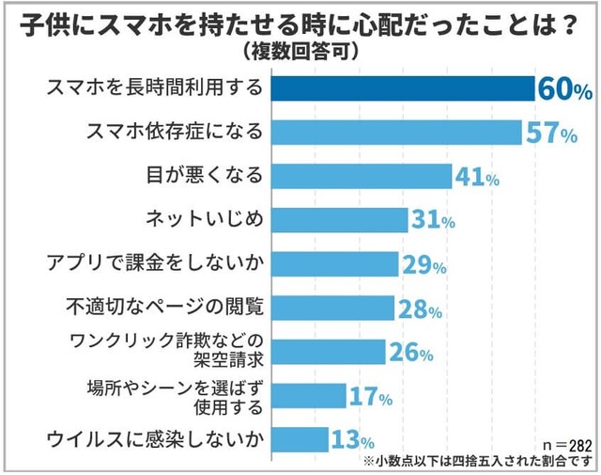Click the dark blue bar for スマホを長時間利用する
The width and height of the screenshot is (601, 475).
click(x=404, y=88)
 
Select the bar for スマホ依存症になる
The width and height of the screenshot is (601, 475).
click(x=396, y=133)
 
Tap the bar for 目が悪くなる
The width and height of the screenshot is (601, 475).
click(x=362, y=176)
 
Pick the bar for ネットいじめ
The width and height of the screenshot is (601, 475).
click(x=339, y=220)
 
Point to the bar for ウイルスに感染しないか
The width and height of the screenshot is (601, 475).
click(x=300, y=438)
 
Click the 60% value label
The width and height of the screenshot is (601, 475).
click(x=564, y=89)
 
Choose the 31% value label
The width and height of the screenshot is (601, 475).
click(x=433, y=221)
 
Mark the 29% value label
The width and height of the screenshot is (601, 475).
click(x=424, y=264)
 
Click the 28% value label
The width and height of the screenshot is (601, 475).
click(x=419, y=308)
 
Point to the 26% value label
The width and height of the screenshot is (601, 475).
click(x=410, y=352)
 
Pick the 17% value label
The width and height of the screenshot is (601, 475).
click(x=370, y=396)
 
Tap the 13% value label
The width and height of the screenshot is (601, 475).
click(x=352, y=439)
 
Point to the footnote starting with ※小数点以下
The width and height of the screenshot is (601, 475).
click(x=475, y=461)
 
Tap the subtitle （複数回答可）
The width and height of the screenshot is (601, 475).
click(x=300, y=48)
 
